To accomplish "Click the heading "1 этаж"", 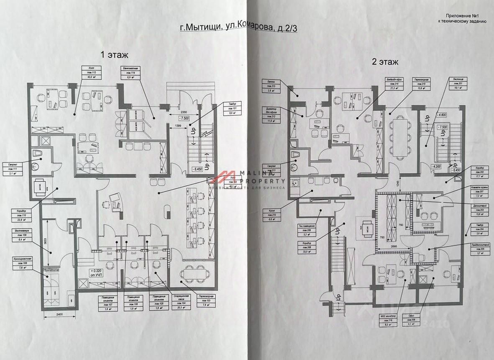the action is pyautogui.click(x=114, y=54).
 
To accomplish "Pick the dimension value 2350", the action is pyautogui.click(x=180, y=113).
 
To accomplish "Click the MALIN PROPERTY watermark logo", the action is pyautogui.click(x=247, y=180).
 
